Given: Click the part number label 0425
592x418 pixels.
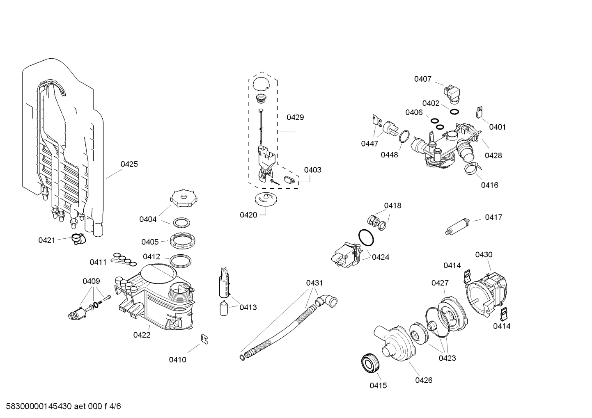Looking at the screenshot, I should pyautogui.click(x=129, y=164).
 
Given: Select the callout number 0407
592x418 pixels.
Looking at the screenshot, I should pyautogui.click(x=422, y=79).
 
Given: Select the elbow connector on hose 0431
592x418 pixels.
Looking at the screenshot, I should pyautogui.click(x=328, y=302).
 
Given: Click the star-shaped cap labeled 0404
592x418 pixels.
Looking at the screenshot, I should pyautogui.click(x=181, y=199).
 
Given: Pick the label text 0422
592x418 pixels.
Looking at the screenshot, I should pyautogui.click(x=142, y=335).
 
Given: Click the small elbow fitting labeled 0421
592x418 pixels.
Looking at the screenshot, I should pyautogui.click(x=76, y=238).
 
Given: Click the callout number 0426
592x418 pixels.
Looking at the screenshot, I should pyautogui.click(x=423, y=380).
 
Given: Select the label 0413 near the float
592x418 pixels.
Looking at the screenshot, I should pyautogui.click(x=248, y=307).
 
